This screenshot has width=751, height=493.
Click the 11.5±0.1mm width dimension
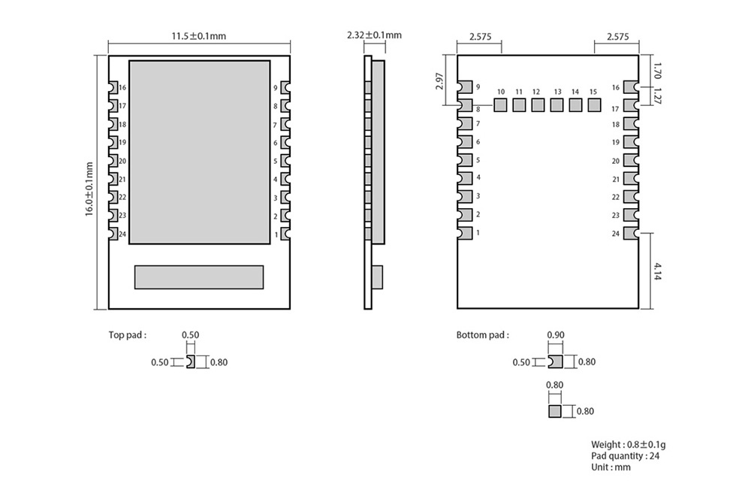[x=199, y=35]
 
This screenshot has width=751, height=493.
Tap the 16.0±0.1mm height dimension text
[x=89, y=189]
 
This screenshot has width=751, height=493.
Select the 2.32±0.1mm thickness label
[x=374, y=35]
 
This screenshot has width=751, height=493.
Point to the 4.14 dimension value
[x=657, y=271]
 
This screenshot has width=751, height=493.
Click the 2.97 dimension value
[x=440, y=81]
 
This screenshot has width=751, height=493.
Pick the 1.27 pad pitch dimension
[x=657, y=97]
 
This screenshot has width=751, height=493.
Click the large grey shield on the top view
[x=199, y=152]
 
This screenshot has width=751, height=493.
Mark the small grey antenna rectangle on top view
[x=199, y=277]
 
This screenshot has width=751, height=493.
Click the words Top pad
[x=128, y=335]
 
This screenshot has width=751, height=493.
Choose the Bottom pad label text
[x=482, y=335]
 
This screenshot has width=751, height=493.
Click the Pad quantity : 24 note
[x=626, y=455]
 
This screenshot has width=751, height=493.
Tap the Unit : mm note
[x=611, y=467]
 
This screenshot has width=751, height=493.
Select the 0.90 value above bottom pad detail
[x=556, y=335]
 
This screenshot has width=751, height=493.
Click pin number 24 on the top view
[x=122, y=234]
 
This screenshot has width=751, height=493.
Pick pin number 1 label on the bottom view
[x=478, y=233]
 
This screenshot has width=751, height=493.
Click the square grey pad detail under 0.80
[x=555, y=411]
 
